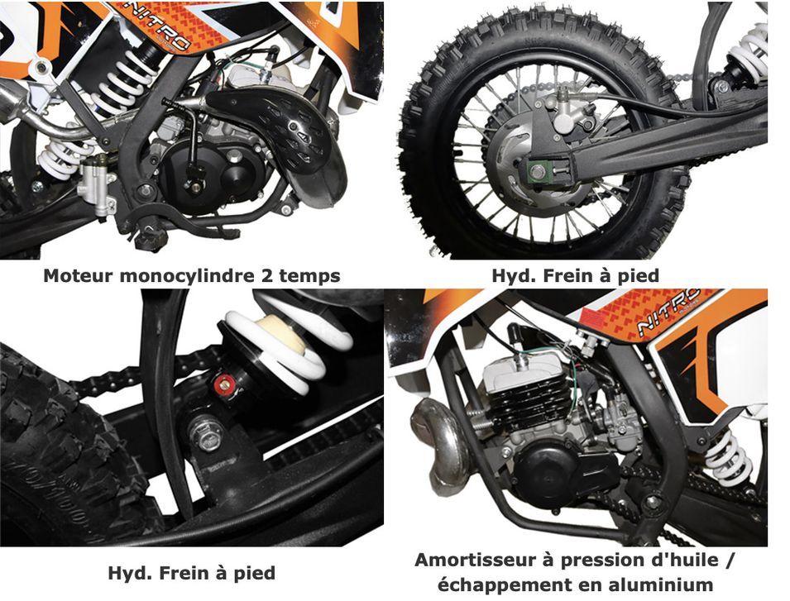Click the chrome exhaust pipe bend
pyautogui.click(x=442, y=443)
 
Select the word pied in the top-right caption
pyautogui.click(x=639, y=277)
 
